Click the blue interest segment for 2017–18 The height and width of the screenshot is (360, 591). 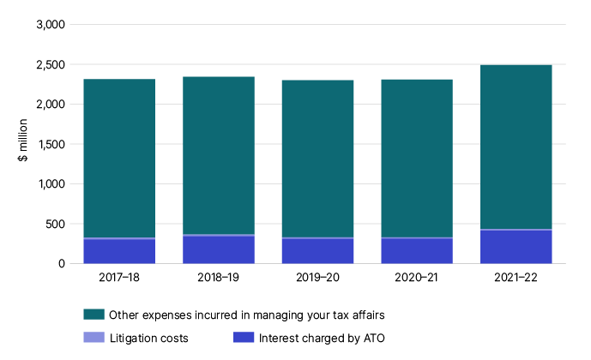click(119, 251)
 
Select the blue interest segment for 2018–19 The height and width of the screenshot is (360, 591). click(219, 249)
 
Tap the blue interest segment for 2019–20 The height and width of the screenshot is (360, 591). click(317, 251)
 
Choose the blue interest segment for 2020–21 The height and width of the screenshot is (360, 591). click(417, 251)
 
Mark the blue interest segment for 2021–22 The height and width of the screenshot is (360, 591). click(516, 247)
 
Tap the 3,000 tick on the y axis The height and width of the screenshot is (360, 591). click(51, 25)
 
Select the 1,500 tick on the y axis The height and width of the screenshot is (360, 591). click(51, 144)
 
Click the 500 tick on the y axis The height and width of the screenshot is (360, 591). click(55, 224)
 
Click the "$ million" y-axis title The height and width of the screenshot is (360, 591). click(26, 144)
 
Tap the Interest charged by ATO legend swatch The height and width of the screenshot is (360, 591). click(243, 338)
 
